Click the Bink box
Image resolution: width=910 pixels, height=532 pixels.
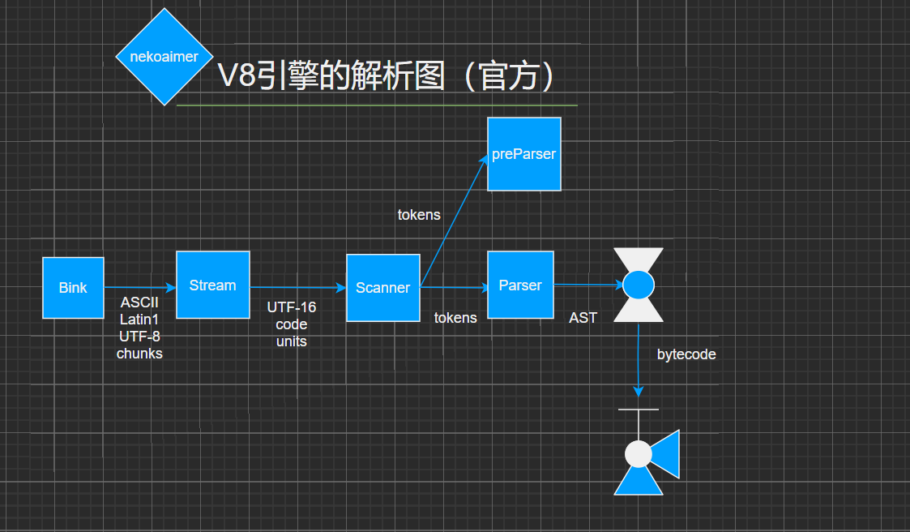pyautogui.click(x=73, y=288)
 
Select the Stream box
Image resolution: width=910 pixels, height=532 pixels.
pyautogui.click(x=212, y=285)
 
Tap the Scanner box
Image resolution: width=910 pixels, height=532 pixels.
pyautogui.click(x=382, y=288)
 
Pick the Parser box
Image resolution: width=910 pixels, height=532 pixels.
pyautogui.click(x=519, y=285)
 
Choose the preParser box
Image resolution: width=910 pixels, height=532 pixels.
pyautogui.click(x=523, y=154)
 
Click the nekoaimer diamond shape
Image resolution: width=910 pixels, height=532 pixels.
pyautogui.click(x=164, y=57)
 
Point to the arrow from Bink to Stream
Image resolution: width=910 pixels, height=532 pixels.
pyautogui.click(x=139, y=287)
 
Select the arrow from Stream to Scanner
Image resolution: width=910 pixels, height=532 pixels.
pyautogui.click(x=297, y=287)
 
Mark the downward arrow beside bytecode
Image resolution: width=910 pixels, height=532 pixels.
pyautogui.click(x=639, y=357)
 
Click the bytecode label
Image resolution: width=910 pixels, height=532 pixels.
pyautogui.click(x=686, y=354)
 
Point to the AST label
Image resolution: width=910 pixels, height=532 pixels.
pyautogui.click(x=583, y=318)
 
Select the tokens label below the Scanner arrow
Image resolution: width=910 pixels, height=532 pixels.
pyautogui.click(x=455, y=318)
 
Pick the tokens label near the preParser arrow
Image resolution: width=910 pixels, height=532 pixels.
pyautogui.click(x=419, y=215)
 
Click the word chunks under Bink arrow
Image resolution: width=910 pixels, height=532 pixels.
pyautogui.click(x=139, y=354)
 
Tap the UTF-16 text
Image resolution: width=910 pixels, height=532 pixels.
pyautogui.click(x=292, y=307)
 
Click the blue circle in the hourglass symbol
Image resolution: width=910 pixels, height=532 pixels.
pyautogui.click(x=638, y=285)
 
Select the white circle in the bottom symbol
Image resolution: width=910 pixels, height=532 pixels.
pyautogui.click(x=639, y=453)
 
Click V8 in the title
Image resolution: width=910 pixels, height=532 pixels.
pyautogui.click(x=237, y=77)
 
